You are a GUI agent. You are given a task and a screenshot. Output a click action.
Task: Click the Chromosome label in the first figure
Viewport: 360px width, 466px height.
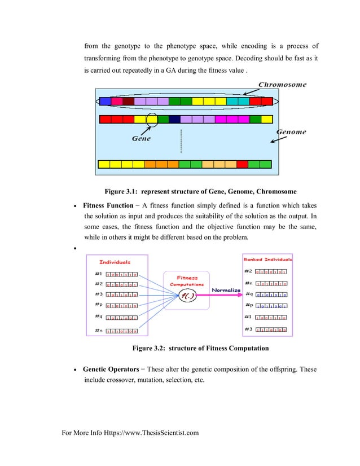click(282, 85)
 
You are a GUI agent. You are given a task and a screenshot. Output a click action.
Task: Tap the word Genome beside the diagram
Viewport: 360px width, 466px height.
click(291, 132)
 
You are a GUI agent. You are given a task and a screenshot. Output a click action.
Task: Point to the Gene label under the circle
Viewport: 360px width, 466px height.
click(141, 139)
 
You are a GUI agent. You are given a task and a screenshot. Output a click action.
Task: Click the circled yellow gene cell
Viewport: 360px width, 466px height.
click(152, 120)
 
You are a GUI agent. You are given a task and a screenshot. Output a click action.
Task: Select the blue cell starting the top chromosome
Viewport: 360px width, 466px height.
click(105, 102)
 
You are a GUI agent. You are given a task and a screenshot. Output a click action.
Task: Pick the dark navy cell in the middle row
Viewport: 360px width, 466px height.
click(174, 120)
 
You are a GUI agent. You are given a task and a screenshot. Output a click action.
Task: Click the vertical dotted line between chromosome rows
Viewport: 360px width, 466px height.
click(181, 141)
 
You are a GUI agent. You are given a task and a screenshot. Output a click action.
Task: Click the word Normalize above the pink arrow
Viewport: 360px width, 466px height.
click(226, 291)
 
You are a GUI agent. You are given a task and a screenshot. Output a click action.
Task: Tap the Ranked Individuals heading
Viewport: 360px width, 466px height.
click(267, 260)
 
